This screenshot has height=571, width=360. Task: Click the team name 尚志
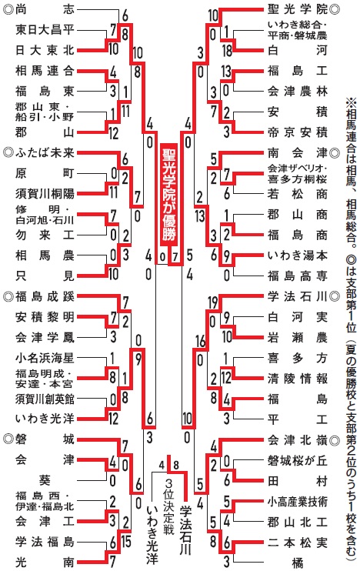tap(45, 9)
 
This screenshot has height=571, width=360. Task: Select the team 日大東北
tap(45, 50)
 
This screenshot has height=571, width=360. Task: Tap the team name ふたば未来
tap(45, 152)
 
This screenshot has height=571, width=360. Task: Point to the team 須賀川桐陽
tap(45, 193)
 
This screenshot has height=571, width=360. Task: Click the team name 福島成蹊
tap(45, 296)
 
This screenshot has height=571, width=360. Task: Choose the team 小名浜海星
tap(45, 358)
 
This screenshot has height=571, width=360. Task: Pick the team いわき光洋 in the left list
tap(45, 419)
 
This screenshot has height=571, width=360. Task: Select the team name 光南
tap(45, 562)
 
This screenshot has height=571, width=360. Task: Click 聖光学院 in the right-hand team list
tap(298, 9)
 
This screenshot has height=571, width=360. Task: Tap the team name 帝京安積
tap(298, 132)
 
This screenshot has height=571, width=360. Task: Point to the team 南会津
tap(298, 152)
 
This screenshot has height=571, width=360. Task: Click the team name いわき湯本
tap(298, 255)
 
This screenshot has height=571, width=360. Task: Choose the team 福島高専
tap(298, 275)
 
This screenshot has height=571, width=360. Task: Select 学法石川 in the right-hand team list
tap(298, 296)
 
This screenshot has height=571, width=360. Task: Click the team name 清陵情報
tap(298, 379)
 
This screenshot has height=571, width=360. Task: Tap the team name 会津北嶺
tap(298, 440)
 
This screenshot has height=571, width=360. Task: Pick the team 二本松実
tap(298, 543)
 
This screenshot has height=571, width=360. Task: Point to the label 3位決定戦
tap(168, 507)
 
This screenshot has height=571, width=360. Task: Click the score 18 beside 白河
tap(227, 50)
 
